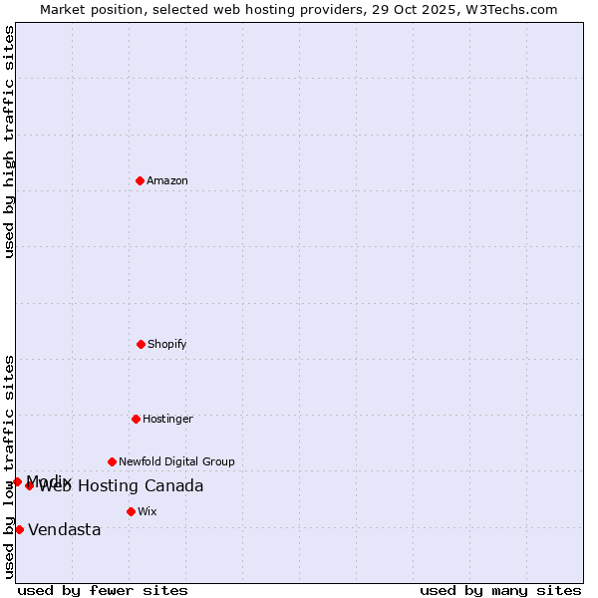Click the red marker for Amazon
(140, 180)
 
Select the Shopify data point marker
(141, 344)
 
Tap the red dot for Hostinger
(136, 419)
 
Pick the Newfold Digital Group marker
(112, 461)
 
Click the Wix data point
(131, 511)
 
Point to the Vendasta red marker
(19, 529)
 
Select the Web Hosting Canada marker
(29, 485)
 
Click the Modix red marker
(17, 481)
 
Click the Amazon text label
(167, 180)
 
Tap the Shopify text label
(167, 344)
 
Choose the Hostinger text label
(167, 419)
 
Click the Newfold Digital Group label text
(176, 461)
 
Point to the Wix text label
(148, 511)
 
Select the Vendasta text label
(65, 529)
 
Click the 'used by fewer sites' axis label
(103, 590)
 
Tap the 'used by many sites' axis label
(500, 590)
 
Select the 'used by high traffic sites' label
(9, 142)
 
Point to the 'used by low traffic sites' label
(9, 465)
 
